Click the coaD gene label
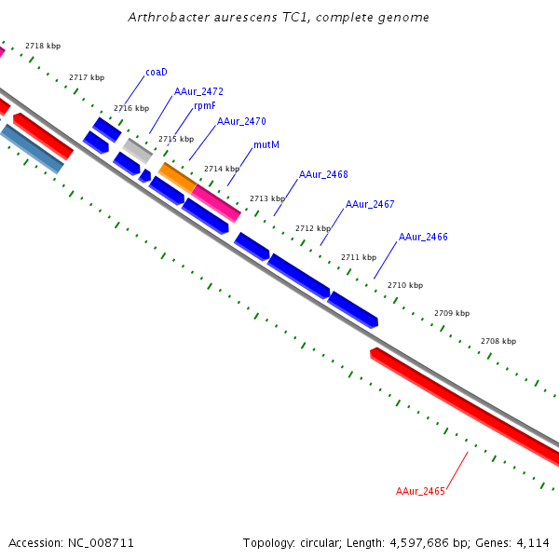tap(156, 72)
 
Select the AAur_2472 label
tap(198, 92)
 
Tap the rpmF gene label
tap(205, 106)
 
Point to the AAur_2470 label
tap(241, 121)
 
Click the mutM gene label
tap(266, 145)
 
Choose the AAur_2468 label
tap(323, 175)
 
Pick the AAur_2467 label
tap(370, 204)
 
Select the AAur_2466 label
tap(423, 238)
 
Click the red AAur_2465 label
tap(420, 491)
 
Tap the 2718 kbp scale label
tap(43, 46)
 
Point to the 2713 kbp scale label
tap(267, 198)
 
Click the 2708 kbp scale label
tap(498, 342)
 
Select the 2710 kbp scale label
tap(405, 285)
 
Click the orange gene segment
tap(177, 177)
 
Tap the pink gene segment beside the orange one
tap(215, 203)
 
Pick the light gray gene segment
tap(138, 149)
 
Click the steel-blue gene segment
tap(33, 149)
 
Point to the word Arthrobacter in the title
tap(164, 18)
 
